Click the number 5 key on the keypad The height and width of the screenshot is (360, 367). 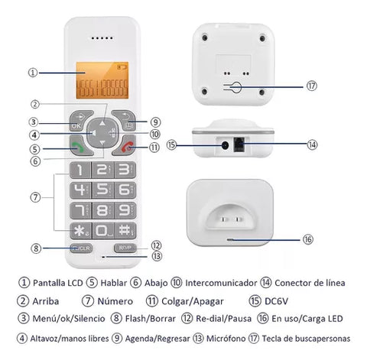click(x=102, y=190)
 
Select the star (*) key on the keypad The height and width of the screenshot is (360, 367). click(x=81, y=231)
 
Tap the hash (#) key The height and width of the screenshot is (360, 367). click(x=125, y=231)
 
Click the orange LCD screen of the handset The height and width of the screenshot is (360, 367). click(x=102, y=80)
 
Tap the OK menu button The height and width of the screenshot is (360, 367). click(x=79, y=120)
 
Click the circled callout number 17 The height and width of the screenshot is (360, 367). click(x=311, y=86)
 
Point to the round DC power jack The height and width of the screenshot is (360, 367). click(x=225, y=145)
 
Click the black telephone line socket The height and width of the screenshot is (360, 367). click(x=239, y=144)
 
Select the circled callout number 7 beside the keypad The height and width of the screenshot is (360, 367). click(x=35, y=197)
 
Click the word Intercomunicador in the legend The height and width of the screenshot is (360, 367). click(x=221, y=283)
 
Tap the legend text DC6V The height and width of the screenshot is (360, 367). click(x=276, y=301)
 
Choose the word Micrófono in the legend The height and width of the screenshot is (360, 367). click(x=226, y=339)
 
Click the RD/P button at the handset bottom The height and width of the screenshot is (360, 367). click(x=125, y=248)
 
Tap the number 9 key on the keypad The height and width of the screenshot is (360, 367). click(x=125, y=210)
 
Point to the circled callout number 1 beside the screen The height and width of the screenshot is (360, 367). click(x=33, y=73)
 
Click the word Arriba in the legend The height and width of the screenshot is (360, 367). click(x=46, y=301)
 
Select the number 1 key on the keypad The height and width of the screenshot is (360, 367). click(x=80, y=170)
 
